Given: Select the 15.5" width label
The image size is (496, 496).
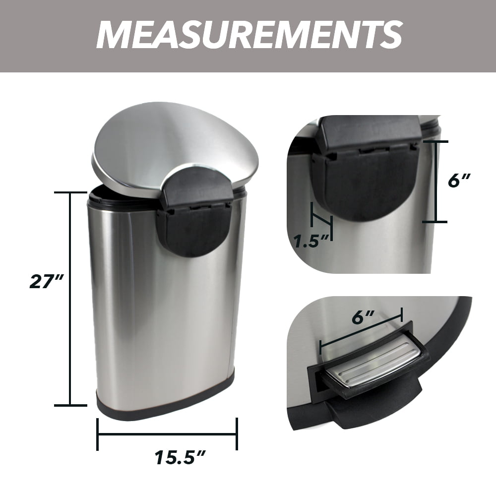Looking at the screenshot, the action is coord(180,457).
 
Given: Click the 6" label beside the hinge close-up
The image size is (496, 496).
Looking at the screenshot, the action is coord(459,181).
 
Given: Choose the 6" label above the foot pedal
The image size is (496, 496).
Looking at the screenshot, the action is coord(363,317).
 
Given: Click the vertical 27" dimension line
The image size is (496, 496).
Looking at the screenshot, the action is coord(70,299).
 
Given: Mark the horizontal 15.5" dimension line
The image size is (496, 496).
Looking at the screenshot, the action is coord(167,434).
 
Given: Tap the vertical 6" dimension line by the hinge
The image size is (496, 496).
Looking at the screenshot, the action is coord(435,182).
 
